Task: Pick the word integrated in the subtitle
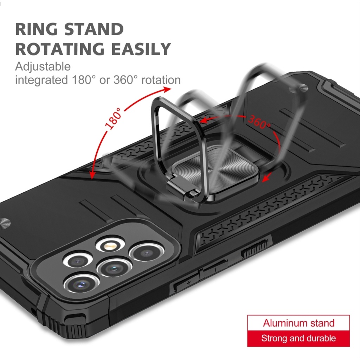click(x=40, y=80)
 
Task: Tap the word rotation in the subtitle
click(x=161, y=80)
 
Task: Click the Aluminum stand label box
click(x=299, y=323)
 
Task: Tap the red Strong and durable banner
click(x=299, y=339)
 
